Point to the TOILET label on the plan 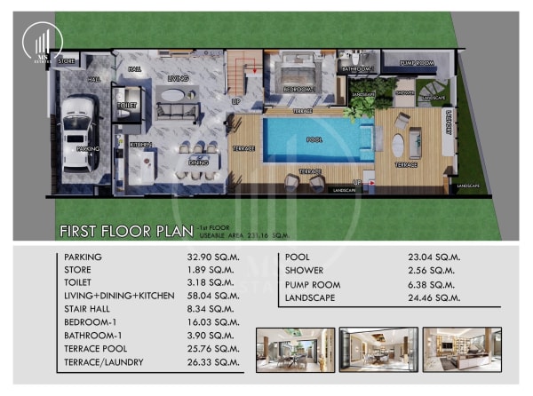(x=128, y=106)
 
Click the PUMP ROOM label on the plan (x=416, y=63)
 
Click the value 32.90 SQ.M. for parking (x=214, y=257)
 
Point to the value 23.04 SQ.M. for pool (x=433, y=257)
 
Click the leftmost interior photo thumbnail (x=295, y=349)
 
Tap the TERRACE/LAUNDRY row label (x=106, y=362)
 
